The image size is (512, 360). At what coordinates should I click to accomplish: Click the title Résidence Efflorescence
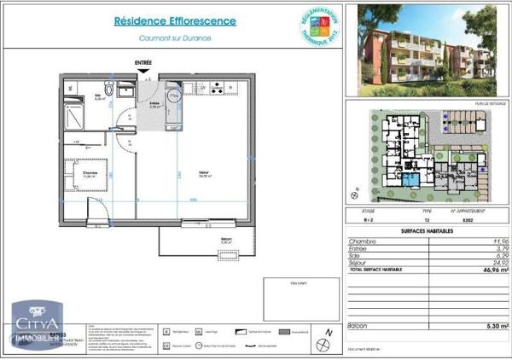[x=176, y=21]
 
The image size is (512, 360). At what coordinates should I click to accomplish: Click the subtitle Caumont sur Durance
[x=176, y=38]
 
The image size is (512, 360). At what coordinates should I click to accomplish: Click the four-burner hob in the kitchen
[x=219, y=88]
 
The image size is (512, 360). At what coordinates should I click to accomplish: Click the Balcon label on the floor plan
[x=226, y=241]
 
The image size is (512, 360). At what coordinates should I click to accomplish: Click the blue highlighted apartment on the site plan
[x=414, y=180]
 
